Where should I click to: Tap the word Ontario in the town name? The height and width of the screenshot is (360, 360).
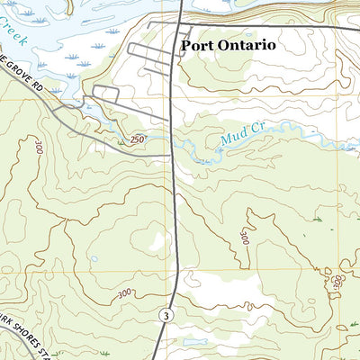tap(247, 44)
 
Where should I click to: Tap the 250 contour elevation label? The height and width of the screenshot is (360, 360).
tap(137, 140)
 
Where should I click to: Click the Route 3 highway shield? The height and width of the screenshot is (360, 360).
tap(166, 315)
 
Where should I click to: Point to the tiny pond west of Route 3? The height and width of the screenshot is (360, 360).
tap(94, 260)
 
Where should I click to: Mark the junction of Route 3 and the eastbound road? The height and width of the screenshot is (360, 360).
tap(180, 23)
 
